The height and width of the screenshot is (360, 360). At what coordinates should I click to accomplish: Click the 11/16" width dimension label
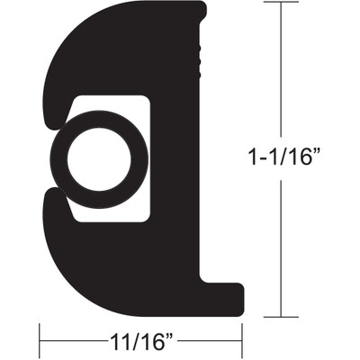point(139,343)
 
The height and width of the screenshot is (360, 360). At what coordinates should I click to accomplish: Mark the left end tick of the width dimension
point(40,342)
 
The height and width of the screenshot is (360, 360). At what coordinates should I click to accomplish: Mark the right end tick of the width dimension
point(243,342)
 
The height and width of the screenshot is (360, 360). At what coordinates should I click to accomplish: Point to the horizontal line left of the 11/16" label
point(67,342)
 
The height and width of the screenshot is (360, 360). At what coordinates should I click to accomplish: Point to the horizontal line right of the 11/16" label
point(211,342)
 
